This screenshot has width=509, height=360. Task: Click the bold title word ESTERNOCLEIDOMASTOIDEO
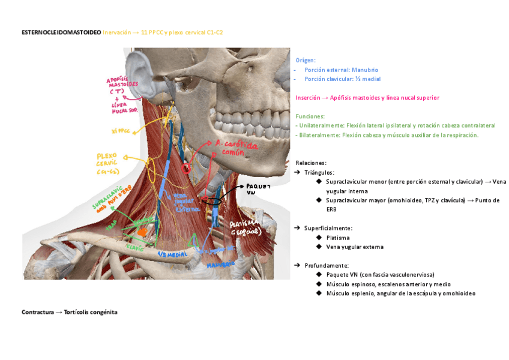[x=61, y=32]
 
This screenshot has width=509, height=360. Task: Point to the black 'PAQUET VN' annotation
[x=258, y=189]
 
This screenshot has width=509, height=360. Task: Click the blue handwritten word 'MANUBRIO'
[x=220, y=265]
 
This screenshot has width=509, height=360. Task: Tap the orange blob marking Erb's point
[x=142, y=231]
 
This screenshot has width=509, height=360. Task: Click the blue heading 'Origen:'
[x=306, y=60]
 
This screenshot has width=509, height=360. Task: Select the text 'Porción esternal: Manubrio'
[x=341, y=70]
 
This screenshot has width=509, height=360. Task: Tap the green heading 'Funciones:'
[x=310, y=116]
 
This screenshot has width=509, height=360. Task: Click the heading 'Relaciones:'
[x=311, y=163]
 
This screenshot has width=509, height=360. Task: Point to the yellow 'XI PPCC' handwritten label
[x=121, y=130]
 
